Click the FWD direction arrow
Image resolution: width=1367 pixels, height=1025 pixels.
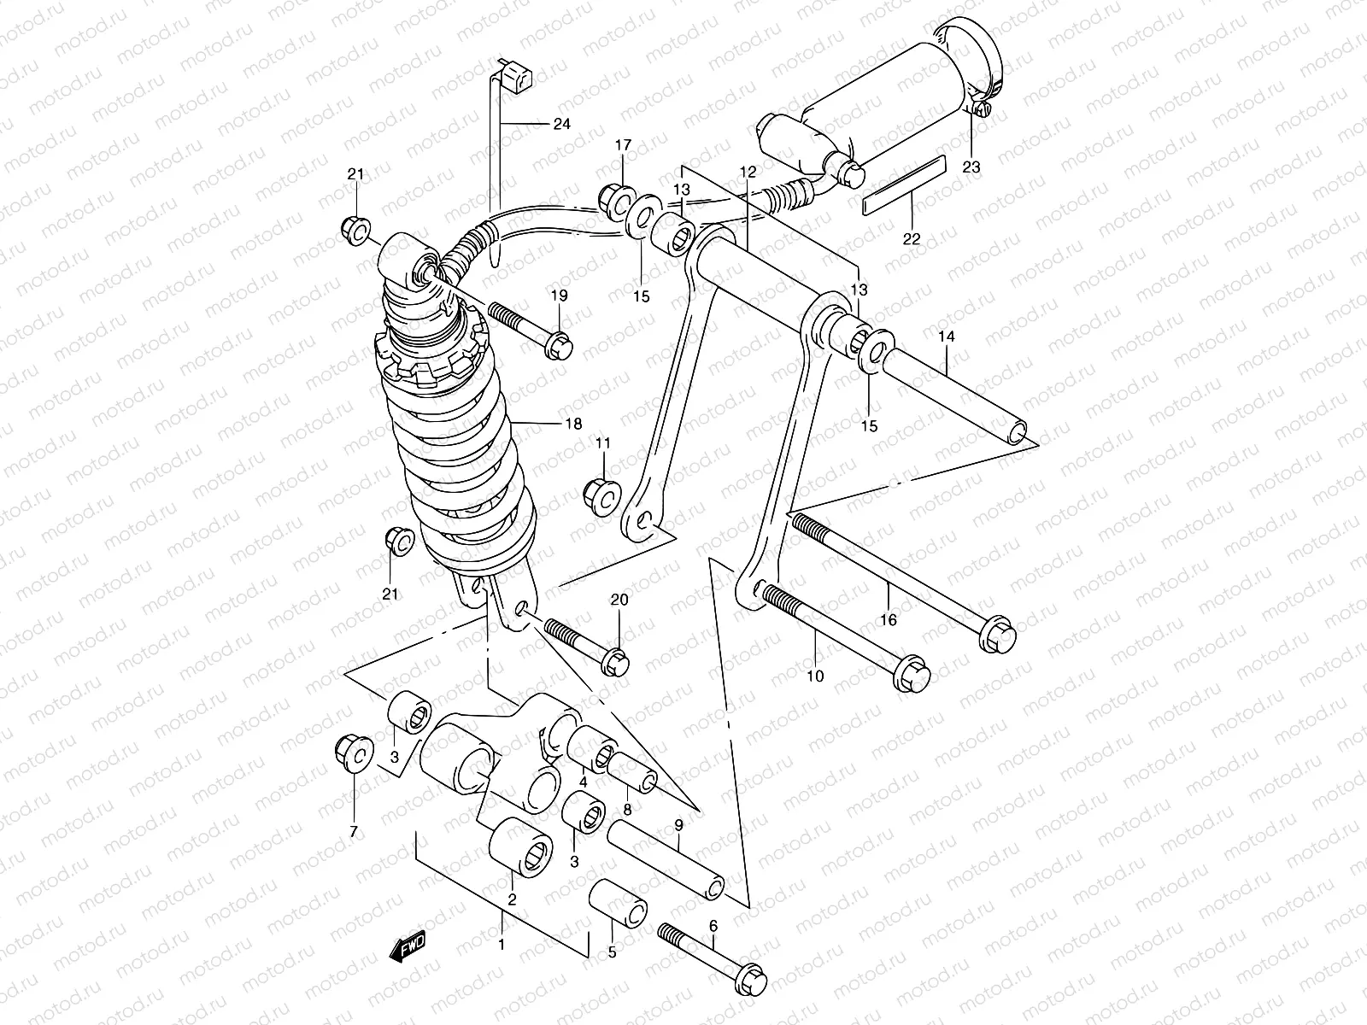point(407,946)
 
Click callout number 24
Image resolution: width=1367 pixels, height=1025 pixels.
point(560,125)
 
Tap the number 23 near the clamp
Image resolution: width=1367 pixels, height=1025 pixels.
point(971,167)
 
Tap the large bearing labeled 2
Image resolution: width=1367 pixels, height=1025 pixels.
point(521,845)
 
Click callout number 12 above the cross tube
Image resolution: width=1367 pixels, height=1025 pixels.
point(748,173)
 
